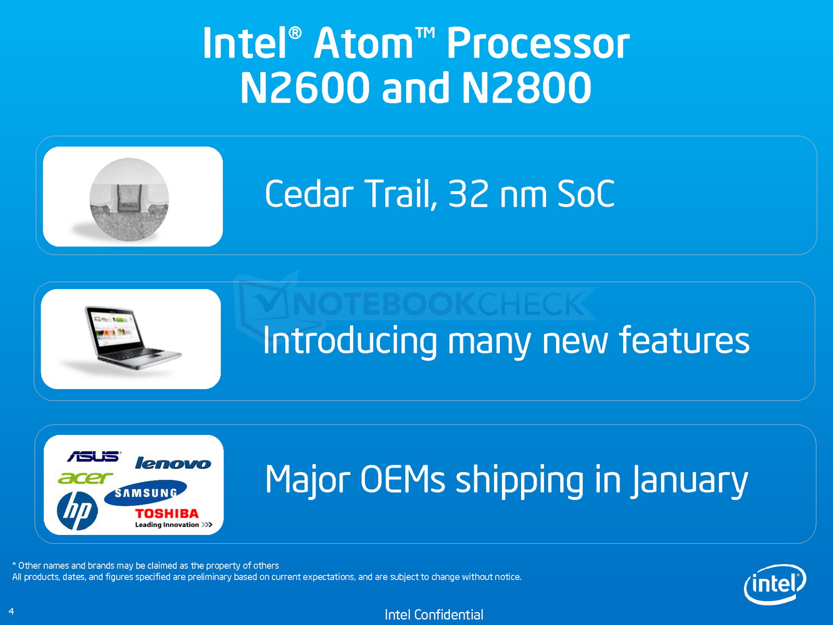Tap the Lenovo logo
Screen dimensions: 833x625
[173, 464]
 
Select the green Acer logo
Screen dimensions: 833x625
[85, 478]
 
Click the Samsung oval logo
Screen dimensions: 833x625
[145, 493]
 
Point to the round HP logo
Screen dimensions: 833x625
[78, 511]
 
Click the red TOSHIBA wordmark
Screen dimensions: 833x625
[167, 514]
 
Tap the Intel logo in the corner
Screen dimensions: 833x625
[775, 584]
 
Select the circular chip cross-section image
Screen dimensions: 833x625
[129, 199]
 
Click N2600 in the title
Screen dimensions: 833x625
[305, 88]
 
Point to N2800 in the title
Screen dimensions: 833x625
[527, 88]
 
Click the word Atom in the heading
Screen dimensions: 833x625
[363, 43]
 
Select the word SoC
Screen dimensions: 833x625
[586, 194]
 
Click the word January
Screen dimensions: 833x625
[689, 481]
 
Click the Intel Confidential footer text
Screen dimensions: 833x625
[434, 615]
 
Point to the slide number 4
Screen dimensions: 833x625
[11, 611]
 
